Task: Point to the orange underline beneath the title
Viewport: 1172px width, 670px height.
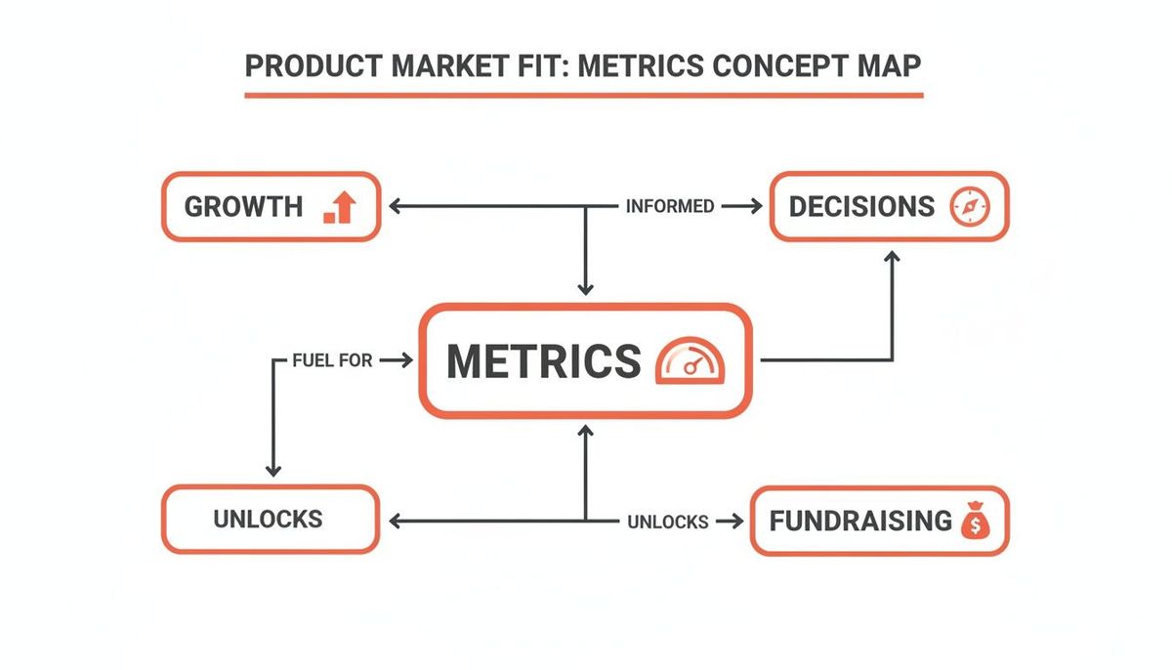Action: coord(583,96)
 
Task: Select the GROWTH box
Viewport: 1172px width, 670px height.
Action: coord(270,206)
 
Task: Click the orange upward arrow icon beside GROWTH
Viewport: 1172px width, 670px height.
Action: coord(340,207)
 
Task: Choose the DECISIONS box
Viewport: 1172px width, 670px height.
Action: coord(889,206)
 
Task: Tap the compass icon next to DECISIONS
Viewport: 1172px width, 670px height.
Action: coord(969,206)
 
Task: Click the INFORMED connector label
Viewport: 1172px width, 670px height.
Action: coord(669,206)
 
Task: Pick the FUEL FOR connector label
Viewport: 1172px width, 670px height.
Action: coord(332,360)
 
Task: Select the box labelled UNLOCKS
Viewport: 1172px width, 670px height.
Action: coord(270,519)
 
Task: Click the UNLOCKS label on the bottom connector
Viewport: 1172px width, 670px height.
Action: coord(667,522)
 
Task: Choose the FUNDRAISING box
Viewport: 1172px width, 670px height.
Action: coord(878,521)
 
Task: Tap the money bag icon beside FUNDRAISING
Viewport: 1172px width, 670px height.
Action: coord(975,521)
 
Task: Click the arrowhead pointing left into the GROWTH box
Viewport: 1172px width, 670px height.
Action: coord(396,206)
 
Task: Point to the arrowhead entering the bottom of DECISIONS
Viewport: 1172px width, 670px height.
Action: coord(892,256)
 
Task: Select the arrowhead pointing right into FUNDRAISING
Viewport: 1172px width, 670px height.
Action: coord(732,522)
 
